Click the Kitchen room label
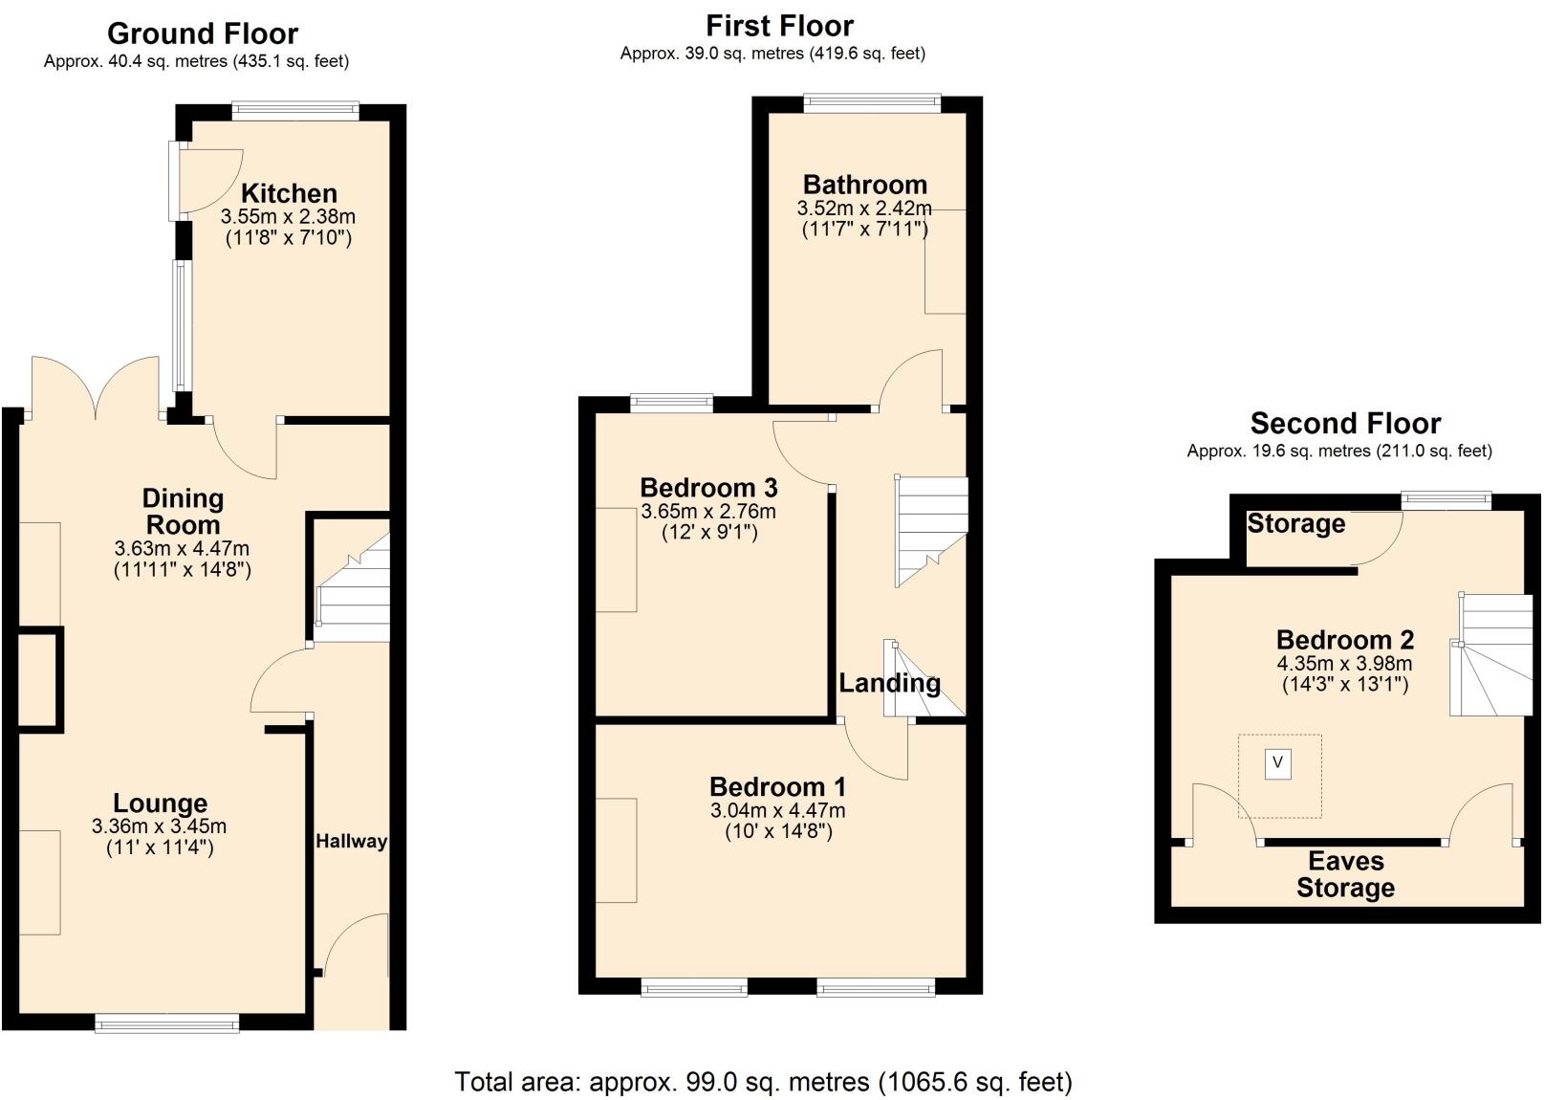tap(289, 193)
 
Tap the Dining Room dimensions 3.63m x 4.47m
tap(182, 549)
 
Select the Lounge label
tap(160, 803)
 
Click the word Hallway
tap(351, 842)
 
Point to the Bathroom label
tap(864, 185)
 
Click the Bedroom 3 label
tap(708, 488)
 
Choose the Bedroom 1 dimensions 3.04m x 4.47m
tap(777, 811)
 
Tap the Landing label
tap(889, 683)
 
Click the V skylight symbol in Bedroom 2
tap(1278, 763)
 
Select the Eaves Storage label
tap(1345, 874)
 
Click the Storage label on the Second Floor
tap(1295, 524)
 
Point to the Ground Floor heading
tap(203, 33)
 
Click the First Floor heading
tap(779, 26)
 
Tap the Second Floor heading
tap(1345, 423)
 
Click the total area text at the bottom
tap(763, 1082)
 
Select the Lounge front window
tap(167, 1024)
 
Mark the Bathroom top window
tap(872, 103)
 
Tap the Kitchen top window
tap(295, 112)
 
